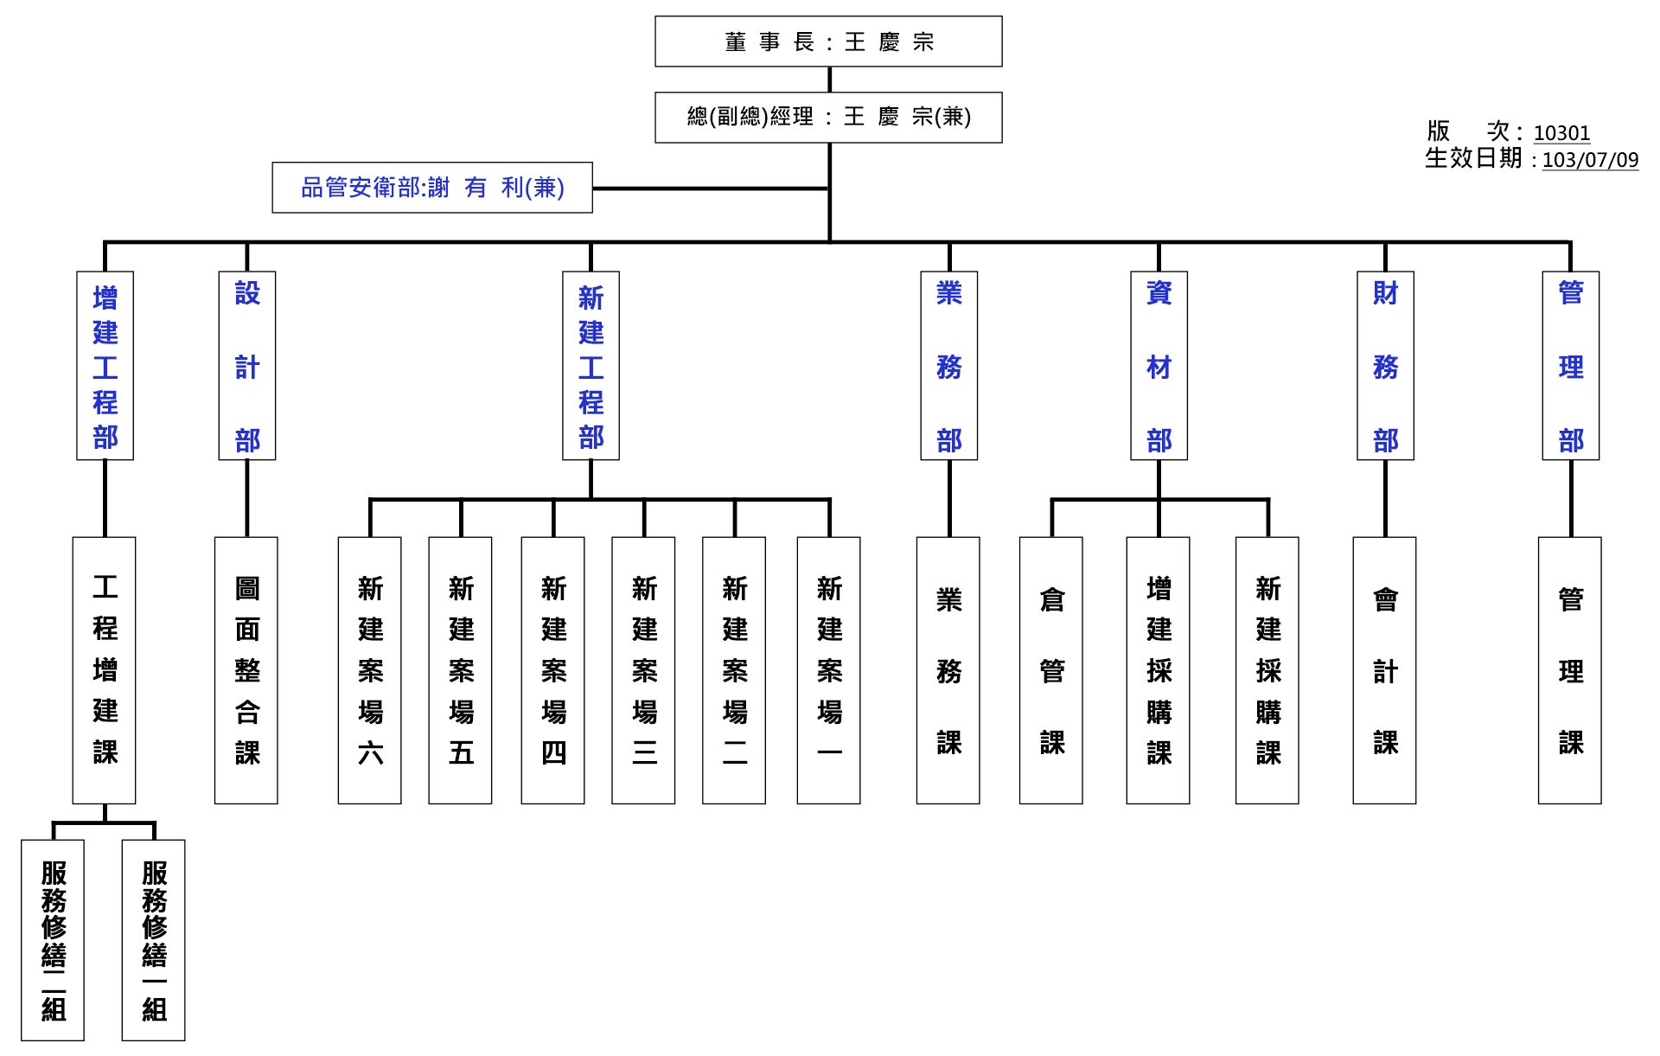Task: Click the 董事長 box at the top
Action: [828, 42]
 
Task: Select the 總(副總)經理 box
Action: [828, 117]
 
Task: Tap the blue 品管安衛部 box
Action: [432, 188]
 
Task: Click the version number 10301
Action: [1561, 133]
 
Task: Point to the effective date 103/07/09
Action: [1590, 160]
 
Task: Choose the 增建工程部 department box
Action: [105, 366]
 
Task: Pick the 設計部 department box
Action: [247, 366]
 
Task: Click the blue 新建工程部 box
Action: [591, 366]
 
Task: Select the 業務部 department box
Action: [949, 366]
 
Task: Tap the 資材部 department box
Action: [1159, 366]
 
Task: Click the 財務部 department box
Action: [1386, 366]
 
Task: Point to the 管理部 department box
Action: [1571, 366]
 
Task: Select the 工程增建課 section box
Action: [105, 670]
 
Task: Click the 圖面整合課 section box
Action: [246, 670]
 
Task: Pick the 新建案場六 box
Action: [370, 670]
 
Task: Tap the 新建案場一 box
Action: [829, 670]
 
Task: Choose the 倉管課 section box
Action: [1051, 670]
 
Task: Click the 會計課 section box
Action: [1385, 670]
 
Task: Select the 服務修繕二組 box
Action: [53, 940]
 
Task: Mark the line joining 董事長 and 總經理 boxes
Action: [830, 80]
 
